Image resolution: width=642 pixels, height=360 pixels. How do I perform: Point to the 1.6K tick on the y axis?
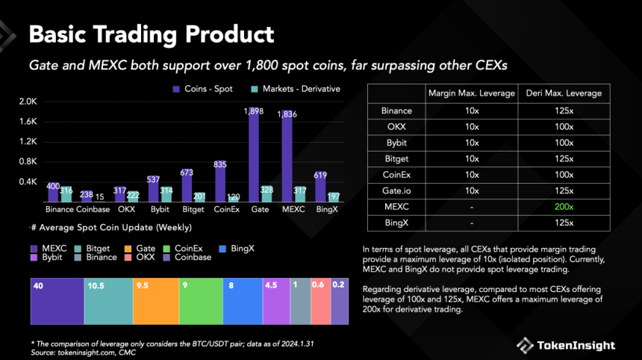tap(28, 121)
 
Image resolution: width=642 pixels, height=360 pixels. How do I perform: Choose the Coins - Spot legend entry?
tap(202, 89)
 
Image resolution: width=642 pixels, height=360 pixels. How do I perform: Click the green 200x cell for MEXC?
tap(564, 205)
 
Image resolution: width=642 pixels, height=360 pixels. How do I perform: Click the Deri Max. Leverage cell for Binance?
tap(564, 111)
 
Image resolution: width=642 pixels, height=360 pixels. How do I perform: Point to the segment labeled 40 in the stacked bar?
tap(57, 302)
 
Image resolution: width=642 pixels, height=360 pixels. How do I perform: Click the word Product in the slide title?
tap(221, 34)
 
